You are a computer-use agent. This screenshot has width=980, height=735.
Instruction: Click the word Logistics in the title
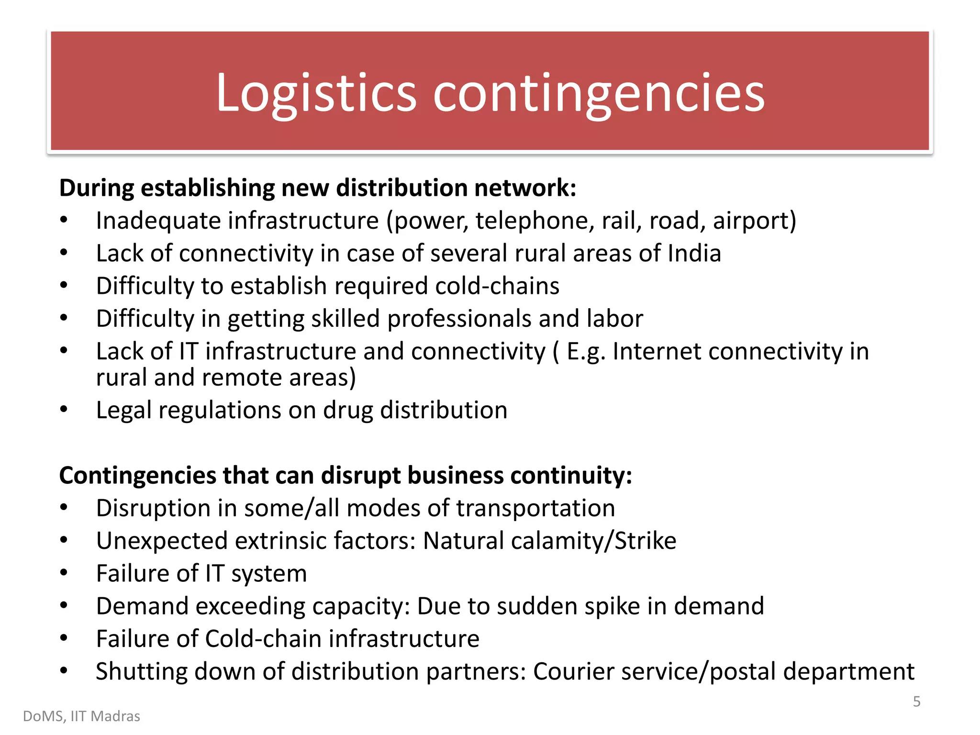pos(316,94)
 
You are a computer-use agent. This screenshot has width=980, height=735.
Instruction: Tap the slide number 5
pos(916,702)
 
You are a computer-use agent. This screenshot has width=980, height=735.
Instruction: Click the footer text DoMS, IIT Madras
pos(81,716)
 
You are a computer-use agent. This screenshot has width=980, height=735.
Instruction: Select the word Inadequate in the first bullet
pos(157,221)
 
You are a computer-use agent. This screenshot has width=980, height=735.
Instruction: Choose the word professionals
pos(459,319)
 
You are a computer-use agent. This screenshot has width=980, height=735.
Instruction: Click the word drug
pos(347,411)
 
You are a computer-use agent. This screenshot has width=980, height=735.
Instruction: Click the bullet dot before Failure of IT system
pos(64,573)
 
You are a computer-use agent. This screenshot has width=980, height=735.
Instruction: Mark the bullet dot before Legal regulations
pos(64,410)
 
